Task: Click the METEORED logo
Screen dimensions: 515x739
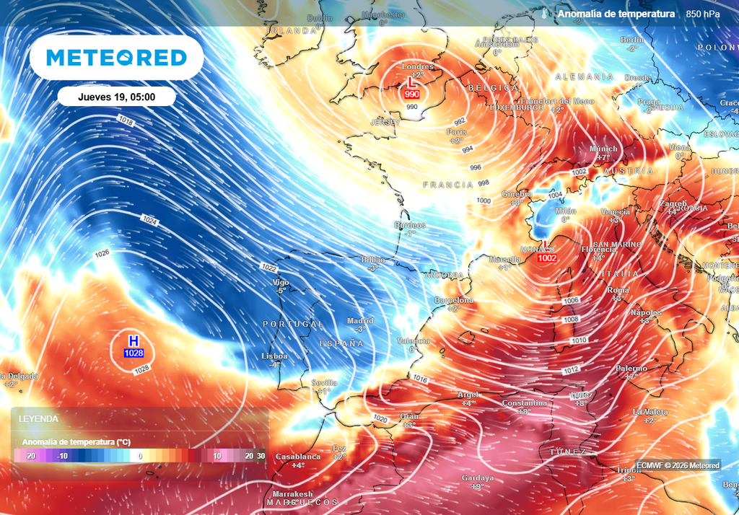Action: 116,58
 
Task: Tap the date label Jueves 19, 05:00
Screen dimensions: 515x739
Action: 116,96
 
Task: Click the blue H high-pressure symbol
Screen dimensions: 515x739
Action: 134,341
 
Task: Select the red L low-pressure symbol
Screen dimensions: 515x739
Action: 412,83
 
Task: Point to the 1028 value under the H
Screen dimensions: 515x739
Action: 134,353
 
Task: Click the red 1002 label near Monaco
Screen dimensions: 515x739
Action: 548,258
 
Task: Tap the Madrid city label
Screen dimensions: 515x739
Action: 360,321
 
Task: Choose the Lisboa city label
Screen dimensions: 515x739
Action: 274,356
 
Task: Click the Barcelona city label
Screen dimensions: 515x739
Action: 453,300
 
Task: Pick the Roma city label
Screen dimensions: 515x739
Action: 618,290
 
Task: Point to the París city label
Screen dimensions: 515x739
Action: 456,133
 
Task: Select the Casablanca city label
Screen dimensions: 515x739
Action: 298,457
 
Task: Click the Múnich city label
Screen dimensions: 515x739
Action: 603,149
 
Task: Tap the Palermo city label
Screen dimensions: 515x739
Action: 631,369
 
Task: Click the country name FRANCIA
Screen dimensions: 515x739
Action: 447,185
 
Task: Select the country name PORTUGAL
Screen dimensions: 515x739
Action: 293,325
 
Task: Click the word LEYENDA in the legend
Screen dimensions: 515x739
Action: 39,418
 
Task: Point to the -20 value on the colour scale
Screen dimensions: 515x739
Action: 30,456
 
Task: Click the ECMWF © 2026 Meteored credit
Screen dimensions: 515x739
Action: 678,465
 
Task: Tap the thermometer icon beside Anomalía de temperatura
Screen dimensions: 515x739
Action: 544,14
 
